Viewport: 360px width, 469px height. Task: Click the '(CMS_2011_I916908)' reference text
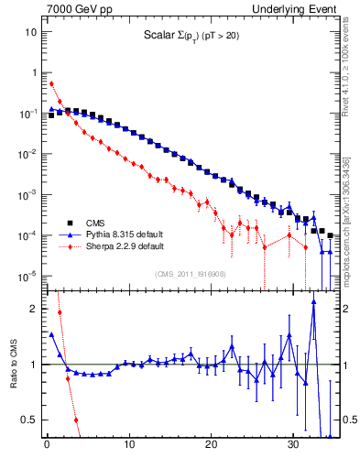(x=191, y=273)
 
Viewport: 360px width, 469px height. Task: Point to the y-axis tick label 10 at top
(x=30, y=32)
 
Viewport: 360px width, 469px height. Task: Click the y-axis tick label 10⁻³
(x=27, y=195)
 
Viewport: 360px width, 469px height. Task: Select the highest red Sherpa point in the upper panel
(x=51, y=83)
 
